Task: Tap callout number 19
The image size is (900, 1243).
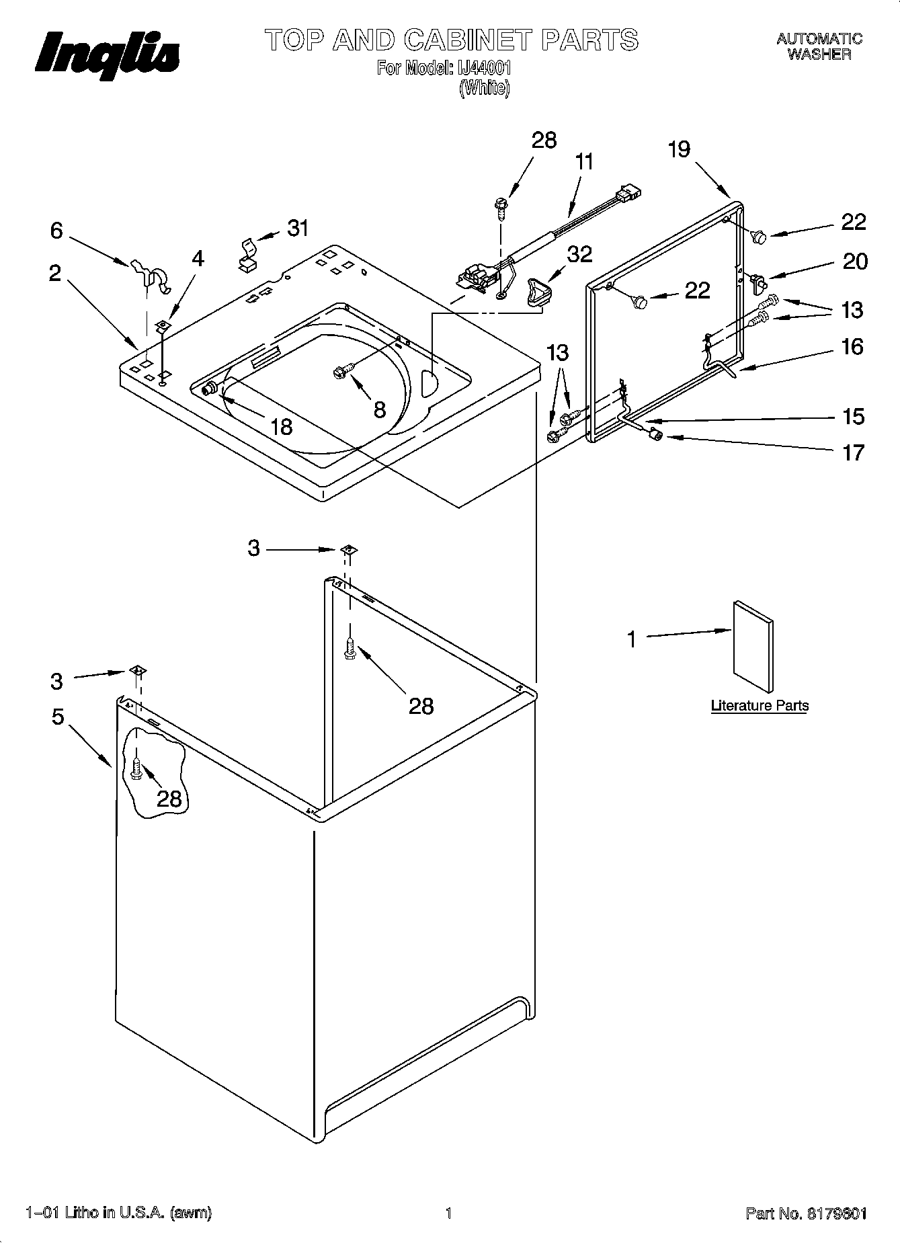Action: coord(679,149)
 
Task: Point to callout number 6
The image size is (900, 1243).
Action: coord(56,231)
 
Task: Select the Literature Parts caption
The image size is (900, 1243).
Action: coord(760,706)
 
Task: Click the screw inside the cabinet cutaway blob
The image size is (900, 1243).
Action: coord(137,769)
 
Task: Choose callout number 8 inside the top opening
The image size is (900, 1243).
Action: coord(380,409)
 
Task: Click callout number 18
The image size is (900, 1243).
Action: coord(282,426)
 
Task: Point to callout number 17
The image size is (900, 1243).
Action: coord(853,452)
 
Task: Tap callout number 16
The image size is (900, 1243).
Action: coord(852,347)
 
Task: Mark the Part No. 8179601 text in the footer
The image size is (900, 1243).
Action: coord(806,1213)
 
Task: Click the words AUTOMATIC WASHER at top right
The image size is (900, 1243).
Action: coord(819,47)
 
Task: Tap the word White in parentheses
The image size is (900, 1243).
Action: coord(485,88)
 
